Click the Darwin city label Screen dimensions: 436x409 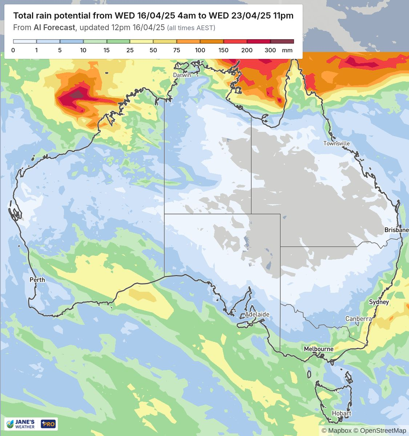point(182,75)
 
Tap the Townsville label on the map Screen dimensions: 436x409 point(336,144)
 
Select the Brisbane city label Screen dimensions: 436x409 point(396,230)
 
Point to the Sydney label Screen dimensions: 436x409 point(379,302)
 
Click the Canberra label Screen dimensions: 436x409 point(358,319)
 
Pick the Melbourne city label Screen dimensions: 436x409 point(318,349)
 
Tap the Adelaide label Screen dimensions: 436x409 point(257,314)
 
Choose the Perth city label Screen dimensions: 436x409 point(37,279)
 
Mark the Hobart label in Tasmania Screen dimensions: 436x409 point(341,413)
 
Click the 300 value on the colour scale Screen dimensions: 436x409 point(270,50)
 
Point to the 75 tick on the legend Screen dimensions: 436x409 point(177,50)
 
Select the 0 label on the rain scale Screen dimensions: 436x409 point(13,50)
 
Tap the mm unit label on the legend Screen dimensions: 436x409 point(287,50)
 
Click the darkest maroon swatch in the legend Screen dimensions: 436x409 point(282,41)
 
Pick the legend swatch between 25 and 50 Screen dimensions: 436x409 point(142,41)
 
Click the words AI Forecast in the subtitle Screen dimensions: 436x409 point(54,28)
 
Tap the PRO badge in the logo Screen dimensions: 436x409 point(48,424)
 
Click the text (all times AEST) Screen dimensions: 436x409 point(191,28)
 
